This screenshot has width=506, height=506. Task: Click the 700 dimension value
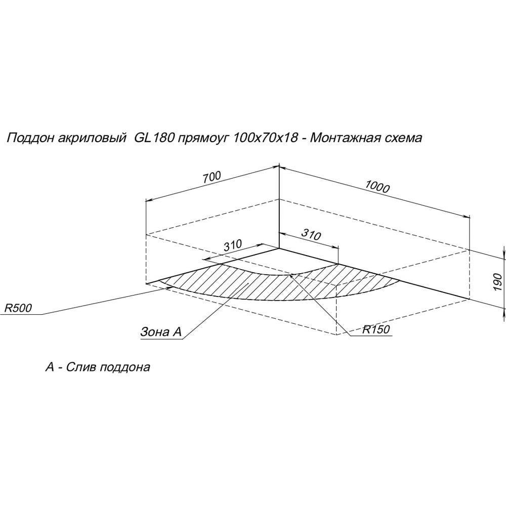pyautogui.click(x=212, y=177)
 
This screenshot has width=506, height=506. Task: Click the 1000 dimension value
pyautogui.click(x=377, y=187)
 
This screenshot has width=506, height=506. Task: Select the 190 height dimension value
pyautogui.click(x=498, y=282)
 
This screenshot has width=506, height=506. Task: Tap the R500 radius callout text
pyautogui.click(x=18, y=308)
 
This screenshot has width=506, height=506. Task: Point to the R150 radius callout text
pyautogui.click(x=376, y=329)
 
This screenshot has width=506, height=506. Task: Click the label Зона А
pyautogui.click(x=161, y=332)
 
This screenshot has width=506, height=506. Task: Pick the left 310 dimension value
pyautogui.click(x=232, y=245)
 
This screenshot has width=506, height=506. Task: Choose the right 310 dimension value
pyautogui.click(x=311, y=235)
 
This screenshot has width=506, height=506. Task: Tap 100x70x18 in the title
pyautogui.click(x=265, y=138)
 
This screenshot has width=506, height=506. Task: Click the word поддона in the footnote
pyautogui.click(x=125, y=367)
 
